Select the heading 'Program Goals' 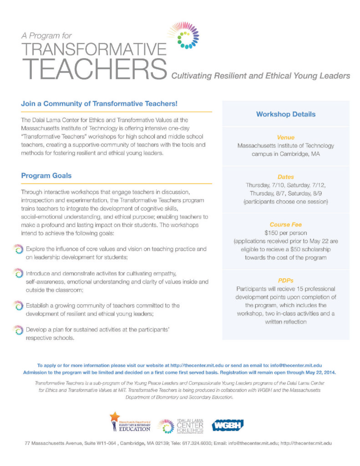pos(46,176)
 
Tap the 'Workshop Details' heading pos(285,114)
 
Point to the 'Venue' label pos(285,137)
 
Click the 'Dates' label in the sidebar pos(285,177)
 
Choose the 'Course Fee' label pos(285,224)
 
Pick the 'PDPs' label pos(285,280)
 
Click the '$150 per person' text pos(285,233)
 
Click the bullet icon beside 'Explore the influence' pos(18,249)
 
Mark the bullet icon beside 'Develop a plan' pos(18,329)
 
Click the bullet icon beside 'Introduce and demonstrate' pos(18,273)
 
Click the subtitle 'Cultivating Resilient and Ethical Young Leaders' pos(260,76)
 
